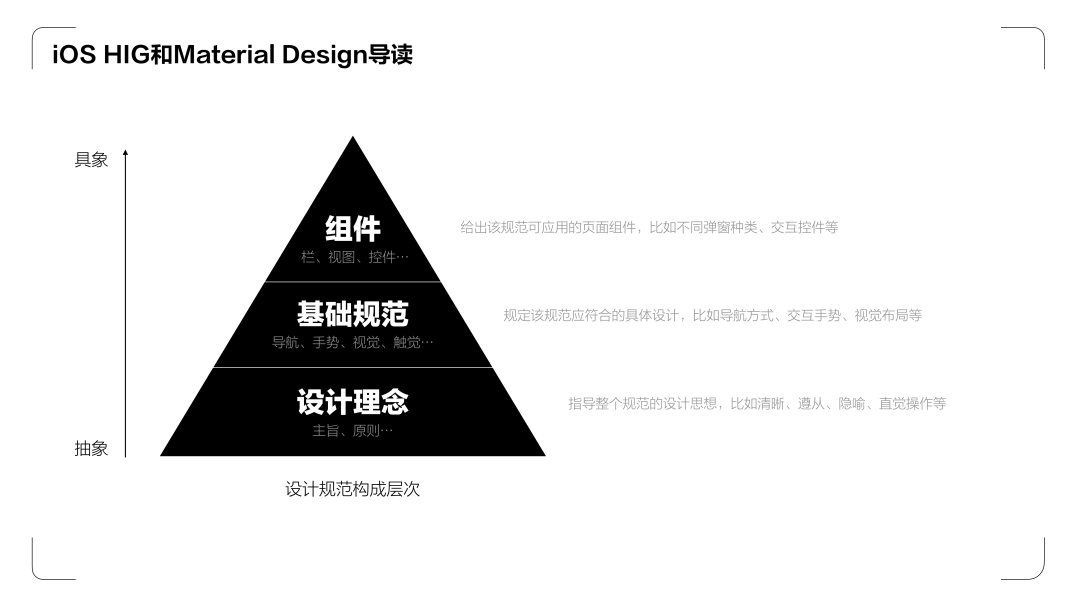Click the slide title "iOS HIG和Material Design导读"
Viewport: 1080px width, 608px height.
point(232,55)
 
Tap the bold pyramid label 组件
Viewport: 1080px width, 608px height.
point(353,228)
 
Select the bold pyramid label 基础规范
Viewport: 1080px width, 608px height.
point(353,314)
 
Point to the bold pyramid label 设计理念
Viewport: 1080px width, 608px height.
point(353,402)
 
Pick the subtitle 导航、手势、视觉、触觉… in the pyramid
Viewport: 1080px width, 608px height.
point(353,343)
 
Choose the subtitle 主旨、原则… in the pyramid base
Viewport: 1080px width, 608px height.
point(353,431)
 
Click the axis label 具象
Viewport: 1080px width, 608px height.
point(91,160)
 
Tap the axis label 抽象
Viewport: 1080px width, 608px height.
point(91,449)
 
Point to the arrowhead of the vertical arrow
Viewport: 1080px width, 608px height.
point(125,153)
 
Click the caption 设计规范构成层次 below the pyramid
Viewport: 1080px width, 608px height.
point(353,490)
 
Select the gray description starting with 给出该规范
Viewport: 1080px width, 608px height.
point(649,228)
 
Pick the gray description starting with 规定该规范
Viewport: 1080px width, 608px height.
point(712,315)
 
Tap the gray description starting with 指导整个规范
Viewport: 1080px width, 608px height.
point(757,404)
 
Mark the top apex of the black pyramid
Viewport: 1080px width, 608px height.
point(353,138)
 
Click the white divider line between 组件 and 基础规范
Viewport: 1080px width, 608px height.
point(353,281)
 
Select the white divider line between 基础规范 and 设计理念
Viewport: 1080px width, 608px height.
point(353,367)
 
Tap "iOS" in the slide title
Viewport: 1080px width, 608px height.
point(74,55)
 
